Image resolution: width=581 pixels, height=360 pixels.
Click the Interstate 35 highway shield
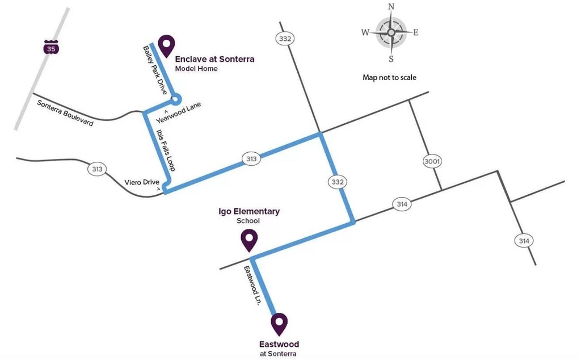coord(51,47)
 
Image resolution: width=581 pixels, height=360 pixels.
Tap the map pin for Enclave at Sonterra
coord(166,46)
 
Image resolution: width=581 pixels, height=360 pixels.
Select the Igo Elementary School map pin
coord(249,240)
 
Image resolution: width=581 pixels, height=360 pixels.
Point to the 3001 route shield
coord(432,161)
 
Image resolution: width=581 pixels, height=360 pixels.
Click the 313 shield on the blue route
coord(251,158)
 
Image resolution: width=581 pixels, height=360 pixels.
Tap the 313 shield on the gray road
coord(97,169)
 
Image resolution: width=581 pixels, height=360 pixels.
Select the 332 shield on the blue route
coord(338,182)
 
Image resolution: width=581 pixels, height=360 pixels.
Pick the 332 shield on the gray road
coord(285,39)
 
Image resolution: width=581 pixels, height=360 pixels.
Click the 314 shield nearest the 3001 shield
coord(402,204)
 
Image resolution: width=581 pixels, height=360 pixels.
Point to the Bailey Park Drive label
coord(155,70)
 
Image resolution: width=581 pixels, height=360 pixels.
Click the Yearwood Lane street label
coord(179,112)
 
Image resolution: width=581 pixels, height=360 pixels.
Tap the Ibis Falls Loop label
coord(166,150)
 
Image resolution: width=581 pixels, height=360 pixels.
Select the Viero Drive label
coord(142,182)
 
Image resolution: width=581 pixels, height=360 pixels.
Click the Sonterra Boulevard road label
coord(65,113)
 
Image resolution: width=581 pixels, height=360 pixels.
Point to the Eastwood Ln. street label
coord(252,285)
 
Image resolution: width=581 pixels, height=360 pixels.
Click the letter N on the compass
coord(391,7)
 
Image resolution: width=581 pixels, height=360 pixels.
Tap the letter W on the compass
coord(365,32)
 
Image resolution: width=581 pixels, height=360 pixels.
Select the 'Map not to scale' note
coord(389,77)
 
